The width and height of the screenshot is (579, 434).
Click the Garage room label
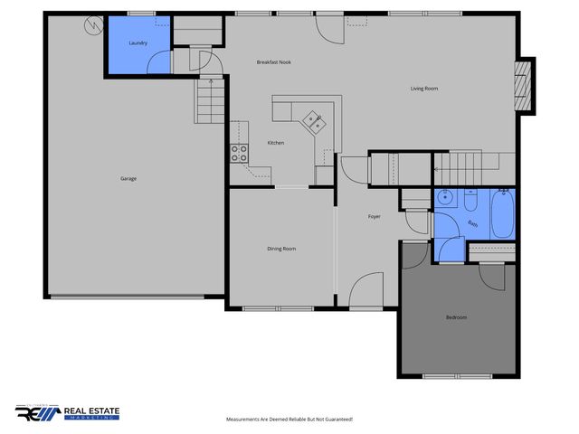[x=128, y=178]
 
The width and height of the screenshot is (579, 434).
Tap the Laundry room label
[x=138, y=42]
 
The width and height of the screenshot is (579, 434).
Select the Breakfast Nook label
[x=273, y=61]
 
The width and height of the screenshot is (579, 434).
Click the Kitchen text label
[x=275, y=143]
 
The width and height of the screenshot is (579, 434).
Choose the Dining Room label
[x=281, y=249]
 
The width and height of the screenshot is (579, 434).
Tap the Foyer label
[x=374, y=217]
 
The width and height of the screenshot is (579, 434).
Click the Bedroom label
[x=457, y=317]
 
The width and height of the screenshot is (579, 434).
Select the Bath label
[x=472, y=223]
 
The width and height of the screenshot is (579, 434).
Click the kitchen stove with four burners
[x=239, y=154]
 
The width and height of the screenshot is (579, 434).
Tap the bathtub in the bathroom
[x=502, y=212]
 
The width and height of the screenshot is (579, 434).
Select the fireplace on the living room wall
[x=524, y=86]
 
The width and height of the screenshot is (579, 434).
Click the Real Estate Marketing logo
[x=68, y=412]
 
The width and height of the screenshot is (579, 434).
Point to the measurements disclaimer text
[x=289, y=420]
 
